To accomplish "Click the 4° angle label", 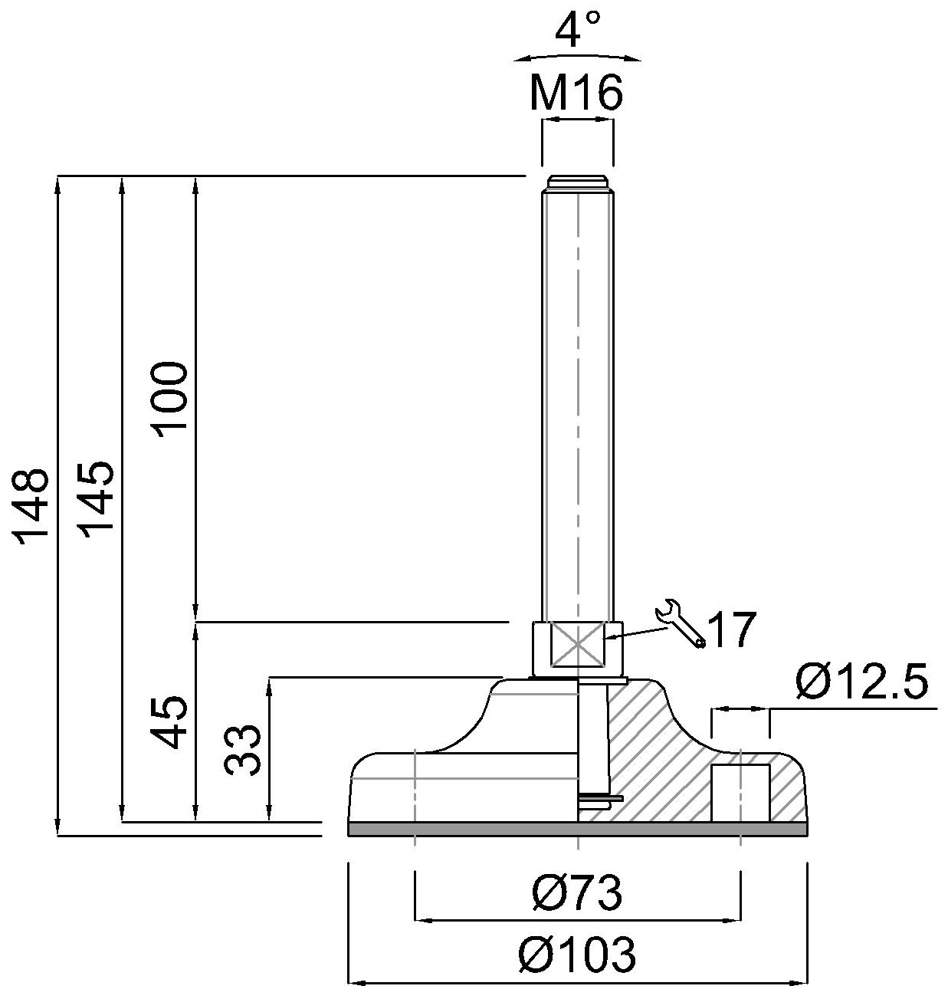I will pyautogui.click(x=577, y=31).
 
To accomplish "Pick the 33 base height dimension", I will pyautogui.click(x=244, y=751).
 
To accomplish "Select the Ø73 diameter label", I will pyautogui.click(x=576, y=894).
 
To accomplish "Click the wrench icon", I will pyautogui.click(x=680, y=624).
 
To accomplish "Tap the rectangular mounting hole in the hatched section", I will pyautogui.click(x=740, y=792).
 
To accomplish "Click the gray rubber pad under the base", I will pyautogui.click(x=577, y=829).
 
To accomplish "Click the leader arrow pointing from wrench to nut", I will pyautogui.click(x=636, y=633).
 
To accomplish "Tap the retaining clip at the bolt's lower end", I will pyautogui.click(x=601, y=800).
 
